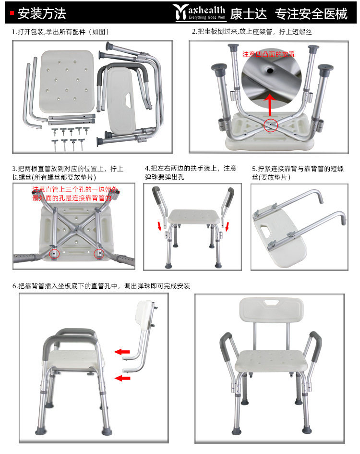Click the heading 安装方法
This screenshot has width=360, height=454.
coord(41,13)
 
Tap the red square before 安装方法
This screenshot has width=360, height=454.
coord(12,13)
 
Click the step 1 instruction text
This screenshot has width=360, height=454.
coord(61,32)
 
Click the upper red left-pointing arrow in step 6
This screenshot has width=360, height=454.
coord(122,352)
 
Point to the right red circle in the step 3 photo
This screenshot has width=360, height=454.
coord(99,253)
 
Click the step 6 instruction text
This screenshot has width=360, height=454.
coord(101,286)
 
